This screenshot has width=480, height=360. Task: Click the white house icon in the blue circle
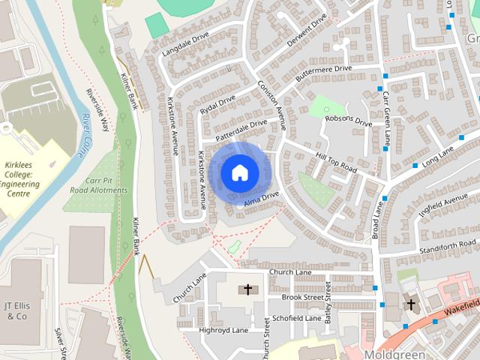[239, 172]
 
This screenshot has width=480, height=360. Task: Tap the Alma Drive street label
[260, 196]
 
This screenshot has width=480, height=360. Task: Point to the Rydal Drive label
[217, 103]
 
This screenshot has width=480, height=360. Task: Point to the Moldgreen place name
[394, 353]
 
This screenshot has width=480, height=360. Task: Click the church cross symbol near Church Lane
[247, 289]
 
